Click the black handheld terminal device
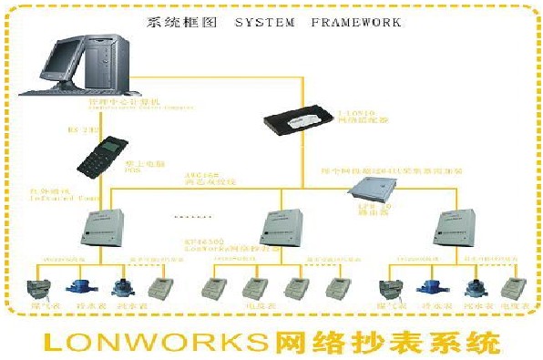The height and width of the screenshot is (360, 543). tap(101, 159)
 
